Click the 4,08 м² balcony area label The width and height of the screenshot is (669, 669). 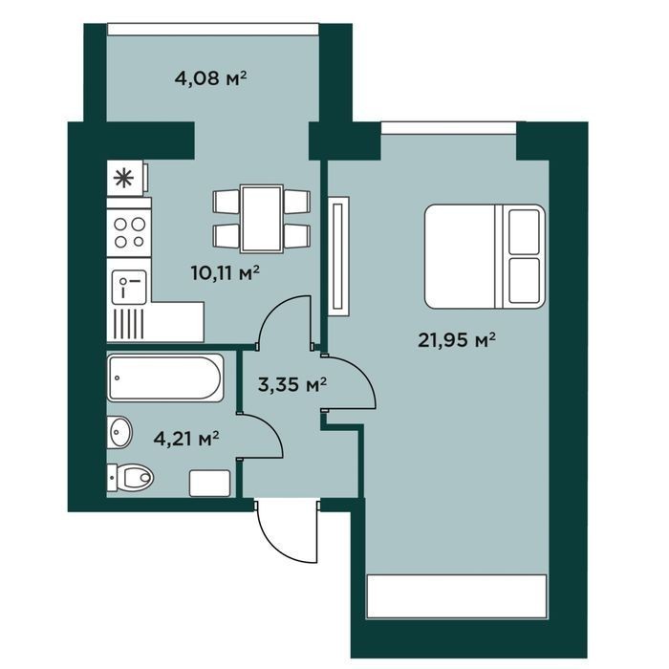pyautogui.click(x=211, y=78)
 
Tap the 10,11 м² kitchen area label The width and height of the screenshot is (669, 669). pyautogui.click(x=226, y=272)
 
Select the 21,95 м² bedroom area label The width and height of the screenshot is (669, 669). pyautogui.click(x=457, y=340)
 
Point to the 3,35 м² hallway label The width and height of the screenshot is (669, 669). pyautogui.click(x=292, y=385)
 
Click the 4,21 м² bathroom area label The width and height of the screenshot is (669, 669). pyautogui.click(x=186, y=438)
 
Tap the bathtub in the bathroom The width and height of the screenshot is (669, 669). pyautogui.click(x=165, y=378)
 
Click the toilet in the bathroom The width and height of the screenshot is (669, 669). pyautogui.click(x=130, y=478)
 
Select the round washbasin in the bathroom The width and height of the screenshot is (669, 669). pyautogui.click(x=119, y=432)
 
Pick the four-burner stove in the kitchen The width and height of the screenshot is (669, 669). pyautogui.click(x=129, y=232)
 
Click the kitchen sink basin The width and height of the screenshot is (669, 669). pyautogui.click(x=129, y=287)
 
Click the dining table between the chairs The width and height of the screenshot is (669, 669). pyautogui.click(x=262, y=219)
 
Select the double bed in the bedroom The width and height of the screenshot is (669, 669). pyautogui.click(x=485, y=256)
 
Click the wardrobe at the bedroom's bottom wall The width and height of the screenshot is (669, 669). pyautogui.click(x=457, y=596)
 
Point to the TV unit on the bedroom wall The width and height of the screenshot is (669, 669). pyautogui.click(x=338, y=256)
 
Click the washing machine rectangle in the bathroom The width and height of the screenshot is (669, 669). pyautogui.click(x=210, y=483)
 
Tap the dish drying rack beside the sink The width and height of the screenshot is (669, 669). pyautogui.click(x=129, y=324)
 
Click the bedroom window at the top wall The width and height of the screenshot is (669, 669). pyautogui.click(x=448, y=127)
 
